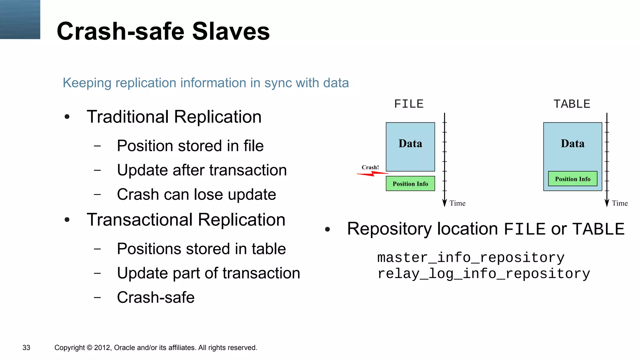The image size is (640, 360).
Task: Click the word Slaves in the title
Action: pyautogui.click(x=231, y=32)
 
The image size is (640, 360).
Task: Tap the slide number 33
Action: pyautogui.click(x=26, y=347)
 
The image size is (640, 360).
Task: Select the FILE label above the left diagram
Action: pyautogui.click(x=409, y=104)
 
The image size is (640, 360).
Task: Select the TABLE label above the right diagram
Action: pyautogui.click(x=572, y=104)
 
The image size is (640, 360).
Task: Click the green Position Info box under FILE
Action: pyautogui.click(x=410, y=184)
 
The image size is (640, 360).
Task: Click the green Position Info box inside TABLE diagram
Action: pyautogui.click(x=572, y=179)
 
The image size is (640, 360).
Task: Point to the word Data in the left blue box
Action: pyautogui.click(x=410, y=143)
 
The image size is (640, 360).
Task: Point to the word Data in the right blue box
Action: pyautogui.click(x=572, y=143)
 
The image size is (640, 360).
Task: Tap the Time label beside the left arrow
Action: pyautogui.click(x=457, y=203)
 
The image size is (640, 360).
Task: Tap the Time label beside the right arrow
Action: pyautogui.click(x=620, y=203)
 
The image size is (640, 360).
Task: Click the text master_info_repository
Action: pyautogui.click(x=471, y=257)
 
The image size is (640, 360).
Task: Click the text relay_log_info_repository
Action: pyautogui.click(x=483, y=274)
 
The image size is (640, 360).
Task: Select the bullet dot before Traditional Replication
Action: pyautogui.click(x=67, y=117)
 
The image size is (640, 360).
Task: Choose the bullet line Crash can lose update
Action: pyautogui.click(x=196, y=194)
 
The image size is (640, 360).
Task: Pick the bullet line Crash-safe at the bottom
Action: pyautogui.click(x=156, y=297)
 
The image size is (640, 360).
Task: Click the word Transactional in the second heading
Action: pyautogui.click(x=139, y=220)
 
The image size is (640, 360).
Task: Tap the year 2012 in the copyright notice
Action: pyautogui.click(x=102, y=347)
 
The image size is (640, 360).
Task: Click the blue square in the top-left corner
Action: pyautogui.click(x=20, y=19)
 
